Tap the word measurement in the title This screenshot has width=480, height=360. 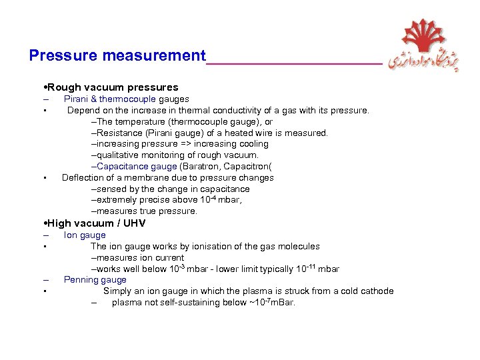click(154, 55)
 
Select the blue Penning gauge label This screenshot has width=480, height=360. click(95, 280)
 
